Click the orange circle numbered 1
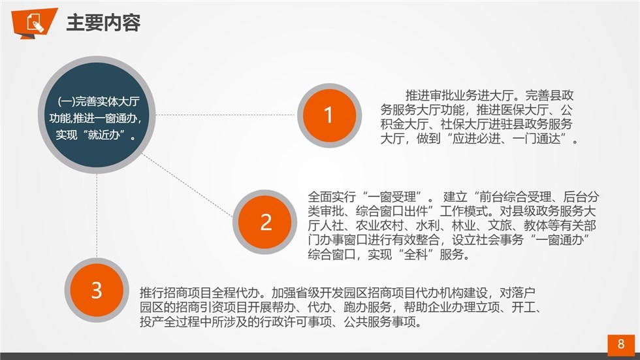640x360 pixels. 329,116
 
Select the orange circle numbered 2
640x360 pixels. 265,222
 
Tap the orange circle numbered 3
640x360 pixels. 97,290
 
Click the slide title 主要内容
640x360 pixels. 103,22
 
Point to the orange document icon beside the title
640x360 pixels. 34,22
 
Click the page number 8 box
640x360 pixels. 621,344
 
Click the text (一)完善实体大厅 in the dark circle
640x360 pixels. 99,101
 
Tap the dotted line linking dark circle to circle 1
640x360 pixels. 225,115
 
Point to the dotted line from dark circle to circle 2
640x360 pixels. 187,185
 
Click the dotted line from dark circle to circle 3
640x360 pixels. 97,216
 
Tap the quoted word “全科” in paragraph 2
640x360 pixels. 415,255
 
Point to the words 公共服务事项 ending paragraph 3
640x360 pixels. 379,321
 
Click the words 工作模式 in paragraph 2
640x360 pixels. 463,212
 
